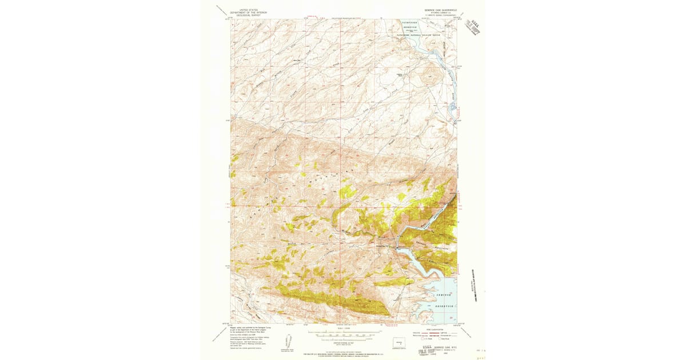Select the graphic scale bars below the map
[x=344, y=336]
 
